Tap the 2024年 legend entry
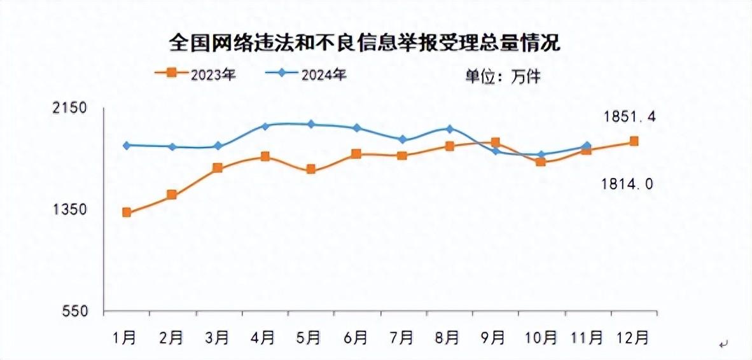click(306, 73)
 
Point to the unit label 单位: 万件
click(502, 76)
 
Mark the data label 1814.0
click(627, 184)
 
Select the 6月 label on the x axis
click(356, 336)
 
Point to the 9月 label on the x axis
click(495, 336)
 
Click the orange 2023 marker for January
click(127, 212)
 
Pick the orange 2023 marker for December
click(634, 141)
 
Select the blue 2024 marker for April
click(265, 126)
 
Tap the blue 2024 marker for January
click(127, 145)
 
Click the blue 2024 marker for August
click(449, 129)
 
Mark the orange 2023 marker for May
click(310, 169)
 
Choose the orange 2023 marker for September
click(496, 142)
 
